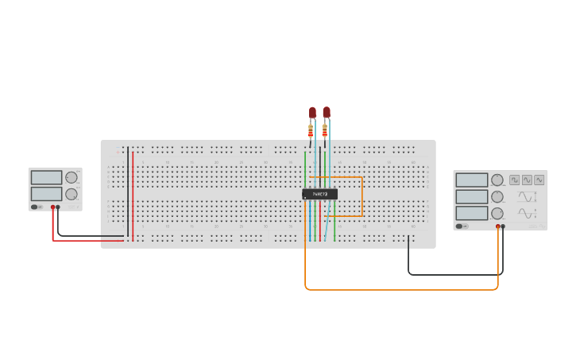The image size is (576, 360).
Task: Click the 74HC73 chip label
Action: click(320, 194)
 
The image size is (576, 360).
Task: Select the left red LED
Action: click(312, 112)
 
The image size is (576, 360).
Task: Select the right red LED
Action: click(326, 112)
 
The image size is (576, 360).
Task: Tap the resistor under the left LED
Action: click(311, 131)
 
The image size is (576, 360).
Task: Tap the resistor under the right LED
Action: click(324, 130)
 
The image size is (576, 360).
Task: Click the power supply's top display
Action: click(46, 178)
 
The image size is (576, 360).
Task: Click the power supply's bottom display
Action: click(46, 194)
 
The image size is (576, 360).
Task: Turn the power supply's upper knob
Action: click(72, 178)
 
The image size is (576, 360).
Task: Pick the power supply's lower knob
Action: click(72, 194)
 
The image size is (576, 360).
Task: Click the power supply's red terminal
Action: click(53, 207)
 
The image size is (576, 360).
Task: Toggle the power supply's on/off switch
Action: click(35, 207)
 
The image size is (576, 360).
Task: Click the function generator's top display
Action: click(472, 180)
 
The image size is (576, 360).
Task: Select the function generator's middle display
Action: click(472, 196)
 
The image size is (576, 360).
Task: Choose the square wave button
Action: click(515, 180)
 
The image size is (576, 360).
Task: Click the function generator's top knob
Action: click(497, 180)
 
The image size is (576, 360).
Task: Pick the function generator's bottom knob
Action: click(497, 213)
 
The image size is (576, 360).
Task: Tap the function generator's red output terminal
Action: click(498, 226)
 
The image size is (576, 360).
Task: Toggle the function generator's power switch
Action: click(460, 226)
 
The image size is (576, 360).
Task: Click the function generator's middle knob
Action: click(497, 196)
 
